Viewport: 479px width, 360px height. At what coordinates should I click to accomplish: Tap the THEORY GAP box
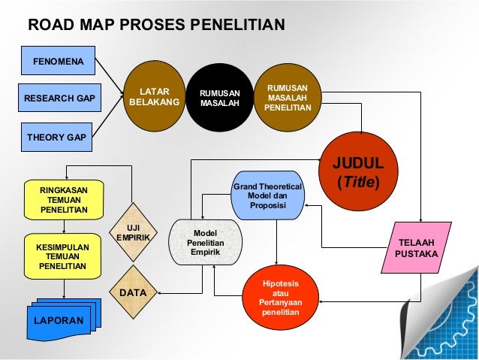(x=56, y=138)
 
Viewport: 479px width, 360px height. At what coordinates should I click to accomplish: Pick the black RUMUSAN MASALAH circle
(x=219, y=97)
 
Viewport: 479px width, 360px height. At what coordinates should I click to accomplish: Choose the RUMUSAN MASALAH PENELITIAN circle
(x=287, y=97)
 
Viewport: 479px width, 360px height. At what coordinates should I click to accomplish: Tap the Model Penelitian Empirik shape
(x=205, y=242)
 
